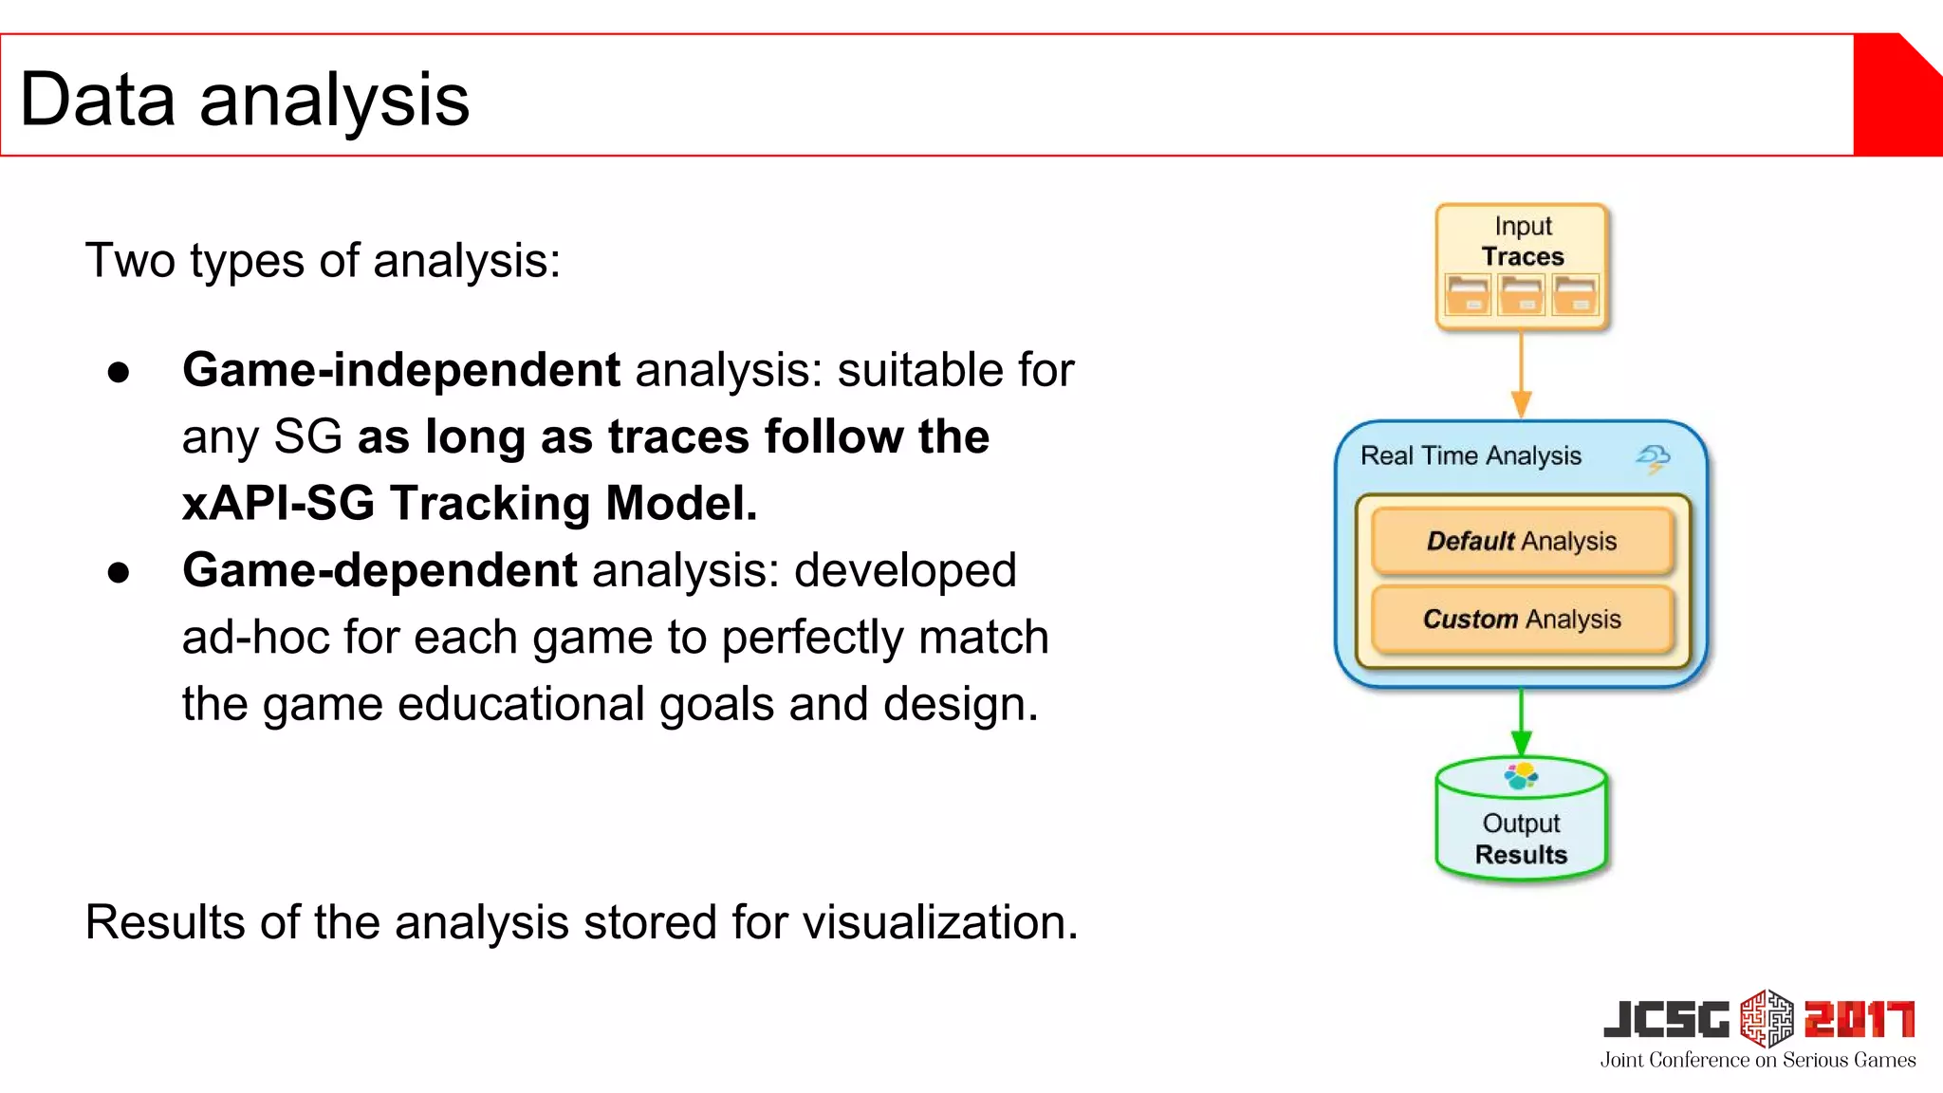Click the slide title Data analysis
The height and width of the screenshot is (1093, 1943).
[244, 100]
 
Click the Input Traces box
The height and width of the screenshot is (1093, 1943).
[1522, 266]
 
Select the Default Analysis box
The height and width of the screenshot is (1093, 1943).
[1522, 541]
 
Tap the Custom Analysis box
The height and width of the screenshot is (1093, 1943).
[1522, 619]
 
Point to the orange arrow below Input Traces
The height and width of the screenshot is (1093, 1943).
[1521, 375]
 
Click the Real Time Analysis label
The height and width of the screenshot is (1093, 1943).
[1471, 455]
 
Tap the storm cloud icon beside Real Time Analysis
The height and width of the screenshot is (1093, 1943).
[1653, 458]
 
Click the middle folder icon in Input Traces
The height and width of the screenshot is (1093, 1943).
[1522, 295]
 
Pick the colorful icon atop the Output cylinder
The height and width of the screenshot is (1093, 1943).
[1521, 776]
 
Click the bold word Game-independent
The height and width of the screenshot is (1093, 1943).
[400, 370]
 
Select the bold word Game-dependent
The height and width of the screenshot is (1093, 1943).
[379, 570]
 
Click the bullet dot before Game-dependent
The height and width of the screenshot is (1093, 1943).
[119, 572]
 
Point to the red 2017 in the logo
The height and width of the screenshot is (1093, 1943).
[1859, 1020]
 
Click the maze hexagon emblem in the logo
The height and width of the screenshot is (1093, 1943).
[1767, 1018]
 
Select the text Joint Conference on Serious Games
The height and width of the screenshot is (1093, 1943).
[1757, 1060]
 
